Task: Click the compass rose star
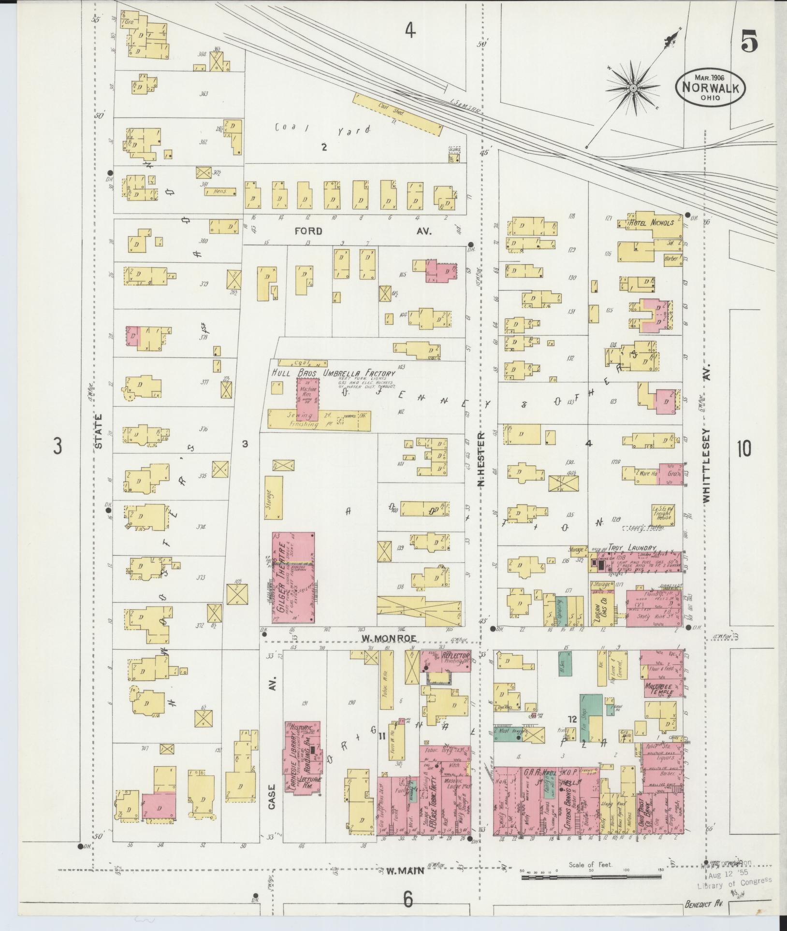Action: (632, 88)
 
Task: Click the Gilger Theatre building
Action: (293, 577)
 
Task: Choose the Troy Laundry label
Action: (636, 548)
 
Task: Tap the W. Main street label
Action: (405, 871)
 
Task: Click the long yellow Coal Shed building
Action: (397, 114)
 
